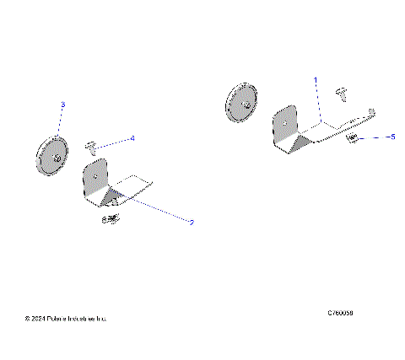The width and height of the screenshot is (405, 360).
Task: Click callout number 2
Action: tap(192, 223)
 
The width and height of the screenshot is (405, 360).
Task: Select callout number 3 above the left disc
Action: tap(62, 105)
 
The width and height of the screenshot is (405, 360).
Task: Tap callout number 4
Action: tap(132, 137)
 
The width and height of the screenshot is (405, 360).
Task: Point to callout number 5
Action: tap(390, 136)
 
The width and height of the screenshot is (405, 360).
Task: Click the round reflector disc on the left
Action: tap(51, 155)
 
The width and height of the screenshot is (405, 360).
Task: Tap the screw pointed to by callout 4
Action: tap(91, 148)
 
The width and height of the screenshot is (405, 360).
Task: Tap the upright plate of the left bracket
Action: tap(95, 180)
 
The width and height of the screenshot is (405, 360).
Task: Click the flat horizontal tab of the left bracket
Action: tap(138, 180)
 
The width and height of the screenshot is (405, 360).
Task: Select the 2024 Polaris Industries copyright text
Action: tap(67, 320)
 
